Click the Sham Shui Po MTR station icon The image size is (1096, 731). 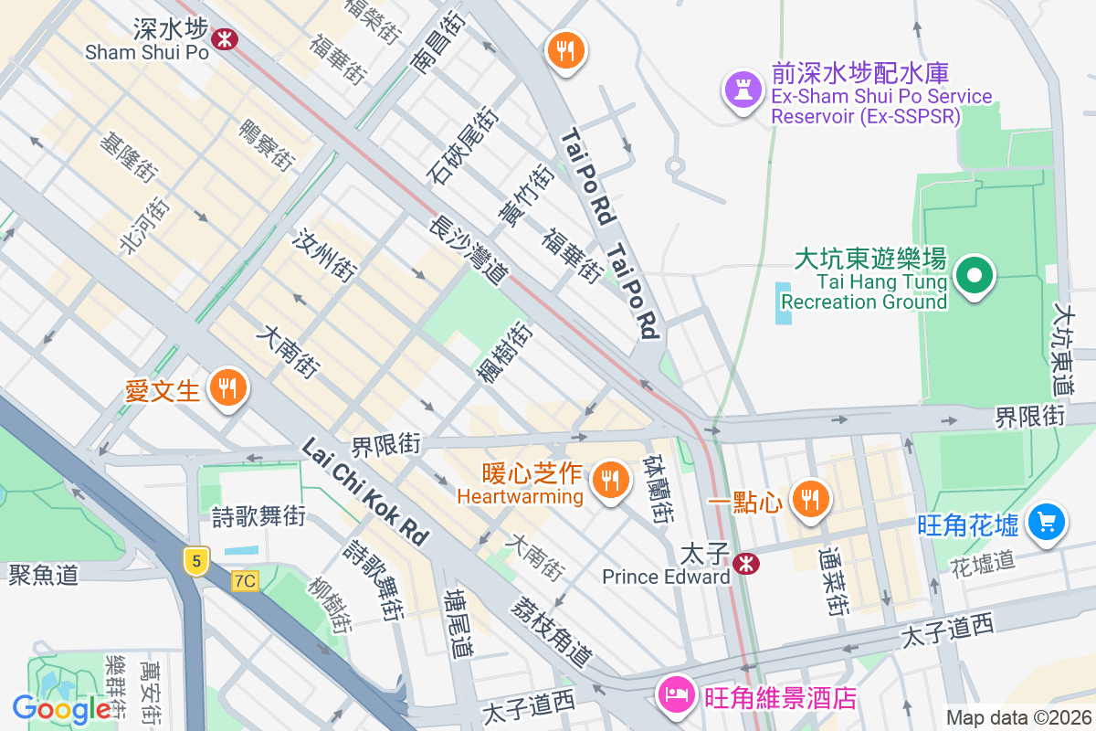point(224,37)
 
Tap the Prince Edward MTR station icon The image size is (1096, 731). point(746,563)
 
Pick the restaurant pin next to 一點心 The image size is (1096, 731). point(809,498)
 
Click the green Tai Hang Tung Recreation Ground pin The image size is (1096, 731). point(974,275)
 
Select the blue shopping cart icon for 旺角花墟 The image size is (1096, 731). point(1046,522)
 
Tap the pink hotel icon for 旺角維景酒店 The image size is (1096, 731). point(676,694)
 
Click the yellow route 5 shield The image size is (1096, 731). point(195,559)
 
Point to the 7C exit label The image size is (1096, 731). point(245,580)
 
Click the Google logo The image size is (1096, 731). point(62,709)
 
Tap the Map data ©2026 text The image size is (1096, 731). point(1017,718)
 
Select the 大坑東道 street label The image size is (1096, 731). point(1061,349)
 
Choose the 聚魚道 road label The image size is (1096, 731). point(43,575)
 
